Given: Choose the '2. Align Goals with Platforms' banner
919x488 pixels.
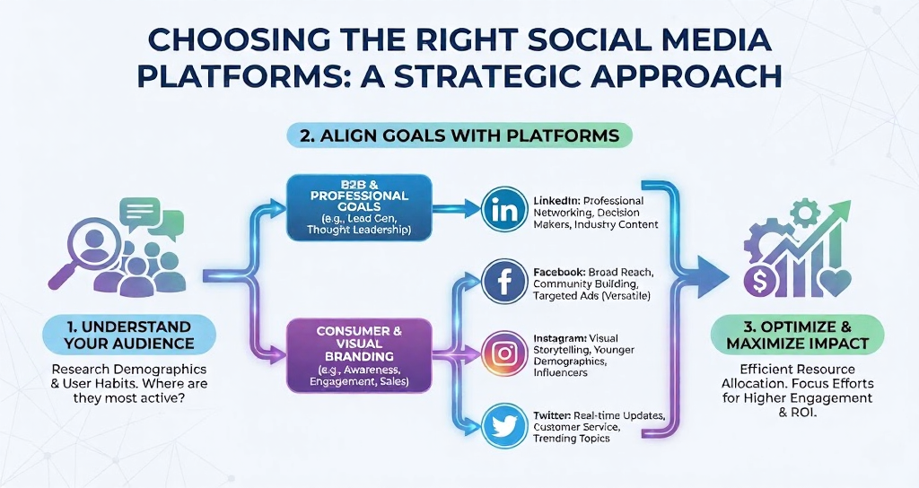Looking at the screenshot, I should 459,135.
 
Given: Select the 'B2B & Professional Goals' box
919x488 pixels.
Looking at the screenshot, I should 358,206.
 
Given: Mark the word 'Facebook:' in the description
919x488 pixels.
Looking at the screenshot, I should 562,271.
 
